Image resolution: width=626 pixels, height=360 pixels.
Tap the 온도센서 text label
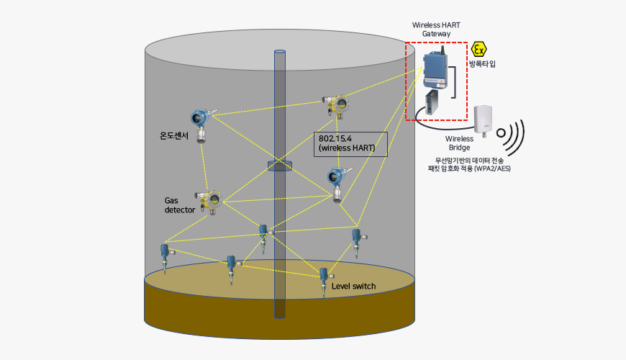pyautogui.click(x=173, y=135)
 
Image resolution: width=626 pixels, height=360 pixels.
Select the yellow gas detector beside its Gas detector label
pyautogui.click(x=209, y=199)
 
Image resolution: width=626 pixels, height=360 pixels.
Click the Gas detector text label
pyautogui.click(x=180, y=205)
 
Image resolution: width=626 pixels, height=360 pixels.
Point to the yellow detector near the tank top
pyautogui.click(x=336, y=105)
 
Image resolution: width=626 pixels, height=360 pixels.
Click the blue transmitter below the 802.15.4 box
pyautogui.click(x=336, y=179)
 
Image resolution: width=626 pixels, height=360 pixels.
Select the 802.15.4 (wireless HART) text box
pyautogui.click(x=351, y=144)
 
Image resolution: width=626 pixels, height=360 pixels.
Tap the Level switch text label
pyautogui.click(x=353, y=287)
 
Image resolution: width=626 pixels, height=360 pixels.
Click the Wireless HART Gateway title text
pyautogui.click(x=436, y=29)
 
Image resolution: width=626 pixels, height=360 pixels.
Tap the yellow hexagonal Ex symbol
pyautogui.click(x=479, y=49)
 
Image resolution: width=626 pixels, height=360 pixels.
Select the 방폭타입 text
pyautogui.click(x=482, y=64)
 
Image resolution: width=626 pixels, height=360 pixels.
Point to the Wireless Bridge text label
pyautogui.click(x=459, y=143)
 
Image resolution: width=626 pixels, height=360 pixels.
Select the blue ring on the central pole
pyautogui.click(x=280, y=166)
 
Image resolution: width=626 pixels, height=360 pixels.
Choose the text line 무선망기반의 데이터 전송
pyautogui.click(x=469, y=160)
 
